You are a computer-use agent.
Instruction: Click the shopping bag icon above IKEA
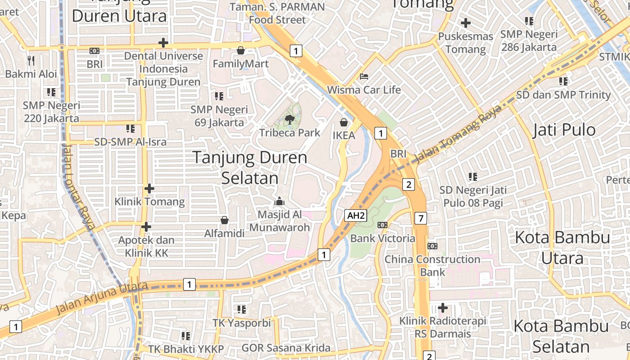click(344, 122)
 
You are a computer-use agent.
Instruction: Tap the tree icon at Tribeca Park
click(290, 119)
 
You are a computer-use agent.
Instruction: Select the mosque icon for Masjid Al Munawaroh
click(279, 201)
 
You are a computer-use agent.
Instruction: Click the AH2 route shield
click(355, 216)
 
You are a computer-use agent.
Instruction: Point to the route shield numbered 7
click(420, 219)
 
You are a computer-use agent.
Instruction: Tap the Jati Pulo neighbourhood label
click(564, 130)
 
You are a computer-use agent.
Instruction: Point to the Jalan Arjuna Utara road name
click(102, 298)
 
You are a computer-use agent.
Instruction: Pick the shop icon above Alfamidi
click(224, 220)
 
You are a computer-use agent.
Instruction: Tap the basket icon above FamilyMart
click(241, 50)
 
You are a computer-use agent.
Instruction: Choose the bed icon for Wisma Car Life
click(364, 76)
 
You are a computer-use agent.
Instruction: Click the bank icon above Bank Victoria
click(382, 225)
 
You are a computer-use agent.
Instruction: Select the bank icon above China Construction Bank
click(432, 246)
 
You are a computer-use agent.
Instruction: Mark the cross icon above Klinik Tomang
click(149, 189)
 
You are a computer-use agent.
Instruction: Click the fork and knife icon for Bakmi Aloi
click(31, 60)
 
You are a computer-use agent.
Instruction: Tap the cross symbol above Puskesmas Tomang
click(466, 23)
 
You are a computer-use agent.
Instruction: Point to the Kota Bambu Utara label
click(562, 247)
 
